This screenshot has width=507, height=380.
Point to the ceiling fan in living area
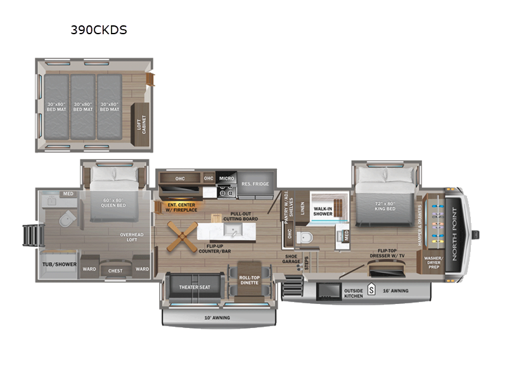tap(181, 235)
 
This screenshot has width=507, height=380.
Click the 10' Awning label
tap(217, 317)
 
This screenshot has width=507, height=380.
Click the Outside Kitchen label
tap(353, 293)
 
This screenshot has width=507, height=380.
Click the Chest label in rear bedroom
tap(115, 270)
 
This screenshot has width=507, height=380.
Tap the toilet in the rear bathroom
tap(66, 219)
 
